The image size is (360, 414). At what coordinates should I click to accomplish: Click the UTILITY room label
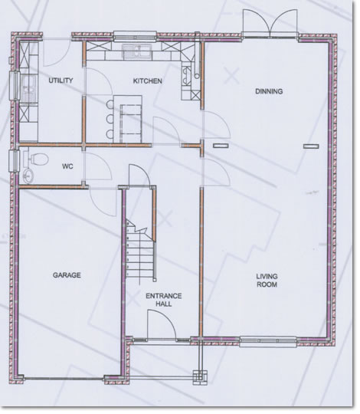click(61, 80)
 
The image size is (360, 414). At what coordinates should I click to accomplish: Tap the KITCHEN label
click(147, 80)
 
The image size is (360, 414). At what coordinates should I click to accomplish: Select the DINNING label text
click(269, 91)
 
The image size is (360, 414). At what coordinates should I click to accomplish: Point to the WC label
click(67, 166)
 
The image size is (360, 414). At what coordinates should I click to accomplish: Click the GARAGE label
click(67, 275)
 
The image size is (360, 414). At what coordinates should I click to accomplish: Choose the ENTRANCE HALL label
click(164, 300)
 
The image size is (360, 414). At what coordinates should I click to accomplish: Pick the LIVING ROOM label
click(267, 281)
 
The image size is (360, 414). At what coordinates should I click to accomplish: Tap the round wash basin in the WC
click(28, 176)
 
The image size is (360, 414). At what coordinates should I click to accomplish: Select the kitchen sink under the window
click(136, 51)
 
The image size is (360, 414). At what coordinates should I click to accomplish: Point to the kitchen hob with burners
click(187, 75)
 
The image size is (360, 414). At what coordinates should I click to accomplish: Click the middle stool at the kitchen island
click(110, 120)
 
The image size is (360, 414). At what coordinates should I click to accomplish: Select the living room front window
click(268, 342)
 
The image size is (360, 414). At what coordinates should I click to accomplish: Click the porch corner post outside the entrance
click(200, 377)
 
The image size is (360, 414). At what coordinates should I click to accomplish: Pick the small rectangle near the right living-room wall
click(311, 146)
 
